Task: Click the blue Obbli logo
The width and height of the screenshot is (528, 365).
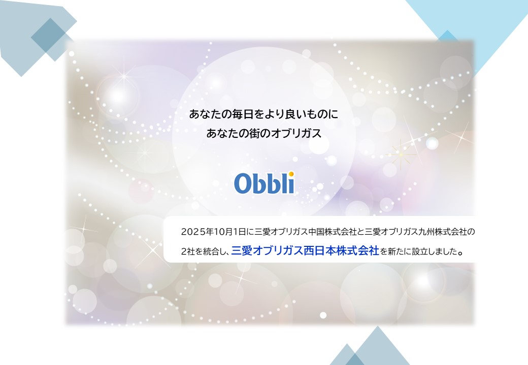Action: [x=265, y=183]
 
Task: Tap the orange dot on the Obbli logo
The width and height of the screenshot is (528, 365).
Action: [x=291, y=174]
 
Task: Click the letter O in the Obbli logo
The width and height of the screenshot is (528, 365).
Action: [x=243, y=184]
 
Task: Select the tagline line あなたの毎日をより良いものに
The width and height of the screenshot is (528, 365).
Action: [x=263, y=114]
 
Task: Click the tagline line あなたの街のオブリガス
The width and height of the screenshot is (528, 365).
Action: [x=264, y=133]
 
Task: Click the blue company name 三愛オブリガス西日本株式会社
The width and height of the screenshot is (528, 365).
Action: [x=305, y=251]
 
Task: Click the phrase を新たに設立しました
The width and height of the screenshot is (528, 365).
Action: [x=421, y=251]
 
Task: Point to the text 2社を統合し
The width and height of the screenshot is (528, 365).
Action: [x=205, y=251]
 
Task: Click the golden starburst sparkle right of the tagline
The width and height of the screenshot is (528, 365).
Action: [x=401, y=154]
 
